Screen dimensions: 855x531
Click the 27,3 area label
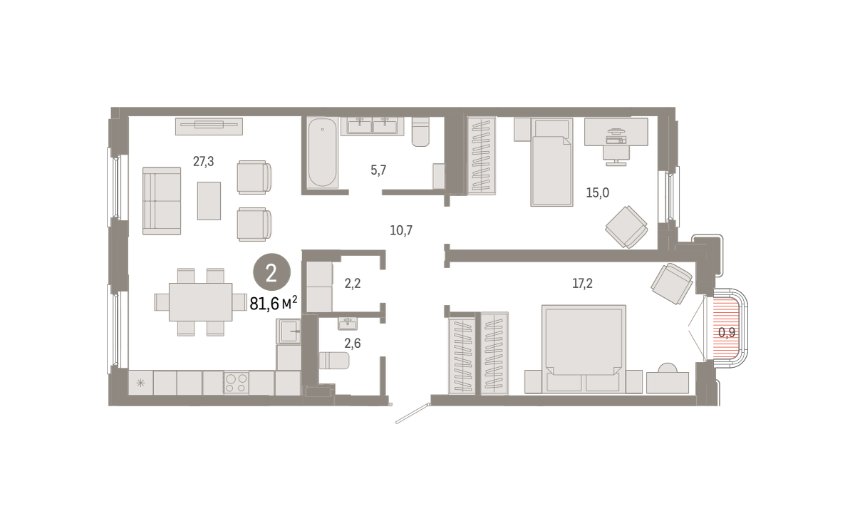[x=204, y=162]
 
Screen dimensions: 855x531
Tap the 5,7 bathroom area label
[x=378, y=170]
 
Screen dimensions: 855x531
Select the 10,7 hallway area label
[x=401, y=230]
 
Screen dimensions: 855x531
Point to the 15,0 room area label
[x=598, y=192]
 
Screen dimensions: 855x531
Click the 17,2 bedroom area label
[x=583, y=283]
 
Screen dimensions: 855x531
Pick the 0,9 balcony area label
[x=727, y=333]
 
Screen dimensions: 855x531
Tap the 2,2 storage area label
[x=353, y=283]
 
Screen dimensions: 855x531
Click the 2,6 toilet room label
[x=353, y=344]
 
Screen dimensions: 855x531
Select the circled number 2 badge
[x=271, y=272]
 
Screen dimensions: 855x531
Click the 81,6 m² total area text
[x=274, y=304]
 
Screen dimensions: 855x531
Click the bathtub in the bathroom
[x=323, y=153]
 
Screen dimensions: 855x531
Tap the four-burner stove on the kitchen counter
[x=237, y=383]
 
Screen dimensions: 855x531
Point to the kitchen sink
[x=289, y=331]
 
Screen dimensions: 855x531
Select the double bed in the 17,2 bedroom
[x=584, y=349]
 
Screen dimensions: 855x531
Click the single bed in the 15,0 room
[x=552, y=162]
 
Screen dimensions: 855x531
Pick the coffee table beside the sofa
[x=209, y=201]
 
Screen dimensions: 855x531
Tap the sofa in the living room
[x=162, y=201]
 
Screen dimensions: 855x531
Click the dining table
[x=201, y=302]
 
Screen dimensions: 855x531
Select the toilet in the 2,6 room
[x=334, y=361]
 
